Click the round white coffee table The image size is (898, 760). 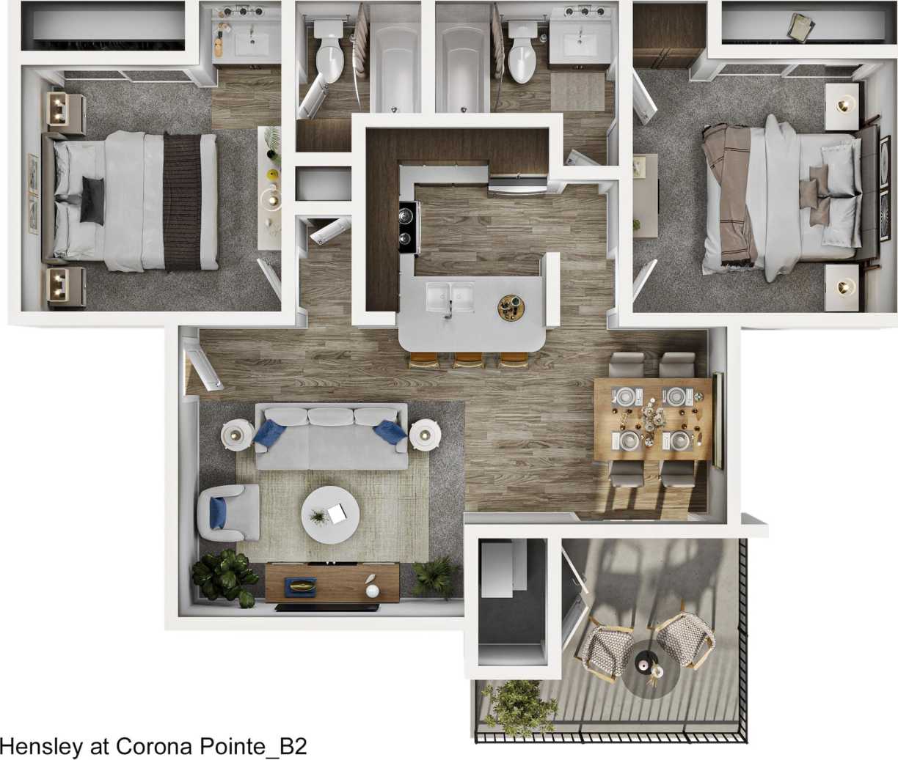[x=330, y=515]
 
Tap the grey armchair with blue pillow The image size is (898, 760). [x=229, y=512]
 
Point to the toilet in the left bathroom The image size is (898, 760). [x=328, y=51]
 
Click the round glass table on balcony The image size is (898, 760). [x=649, y=668]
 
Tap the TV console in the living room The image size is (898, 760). [x=332, y=583]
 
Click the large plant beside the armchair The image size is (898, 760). [x=224, y=575]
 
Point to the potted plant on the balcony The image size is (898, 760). [x=521, y=707]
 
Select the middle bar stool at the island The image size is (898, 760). [x=468, y=359]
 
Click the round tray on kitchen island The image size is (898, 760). [x=511, y=307]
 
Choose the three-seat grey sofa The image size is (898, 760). [x=332, y=438]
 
